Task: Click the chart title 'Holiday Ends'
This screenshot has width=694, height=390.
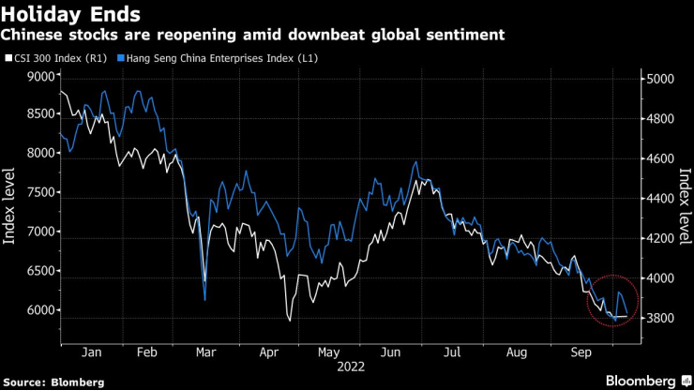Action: pos(72,14)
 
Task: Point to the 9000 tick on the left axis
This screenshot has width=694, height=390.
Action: pos(41,75)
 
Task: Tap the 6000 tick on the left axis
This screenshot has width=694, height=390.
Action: pos(41,310)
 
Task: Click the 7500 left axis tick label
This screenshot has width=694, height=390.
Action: pos(41,192)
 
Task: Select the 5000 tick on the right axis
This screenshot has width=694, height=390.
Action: pos(664,80)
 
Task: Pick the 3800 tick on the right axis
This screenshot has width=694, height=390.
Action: pos(664,319)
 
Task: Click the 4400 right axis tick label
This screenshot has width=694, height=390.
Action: pos(664,199)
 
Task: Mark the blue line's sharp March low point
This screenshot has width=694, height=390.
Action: pos(204,300)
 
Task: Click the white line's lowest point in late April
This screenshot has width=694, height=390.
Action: pos(290,322)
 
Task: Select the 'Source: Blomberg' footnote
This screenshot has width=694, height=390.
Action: pos(53,382)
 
